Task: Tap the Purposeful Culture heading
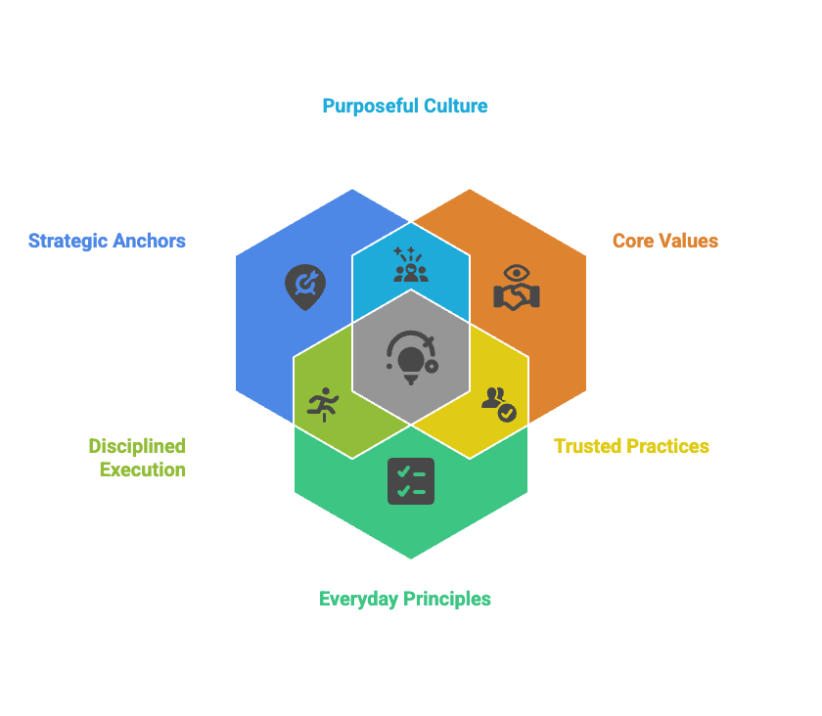405,106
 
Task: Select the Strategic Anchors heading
107,241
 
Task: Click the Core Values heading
664,241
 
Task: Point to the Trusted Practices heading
631,446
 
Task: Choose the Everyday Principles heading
405,599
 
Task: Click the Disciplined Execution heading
137,458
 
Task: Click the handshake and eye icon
516,287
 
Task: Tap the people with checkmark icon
498,402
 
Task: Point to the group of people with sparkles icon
411,265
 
